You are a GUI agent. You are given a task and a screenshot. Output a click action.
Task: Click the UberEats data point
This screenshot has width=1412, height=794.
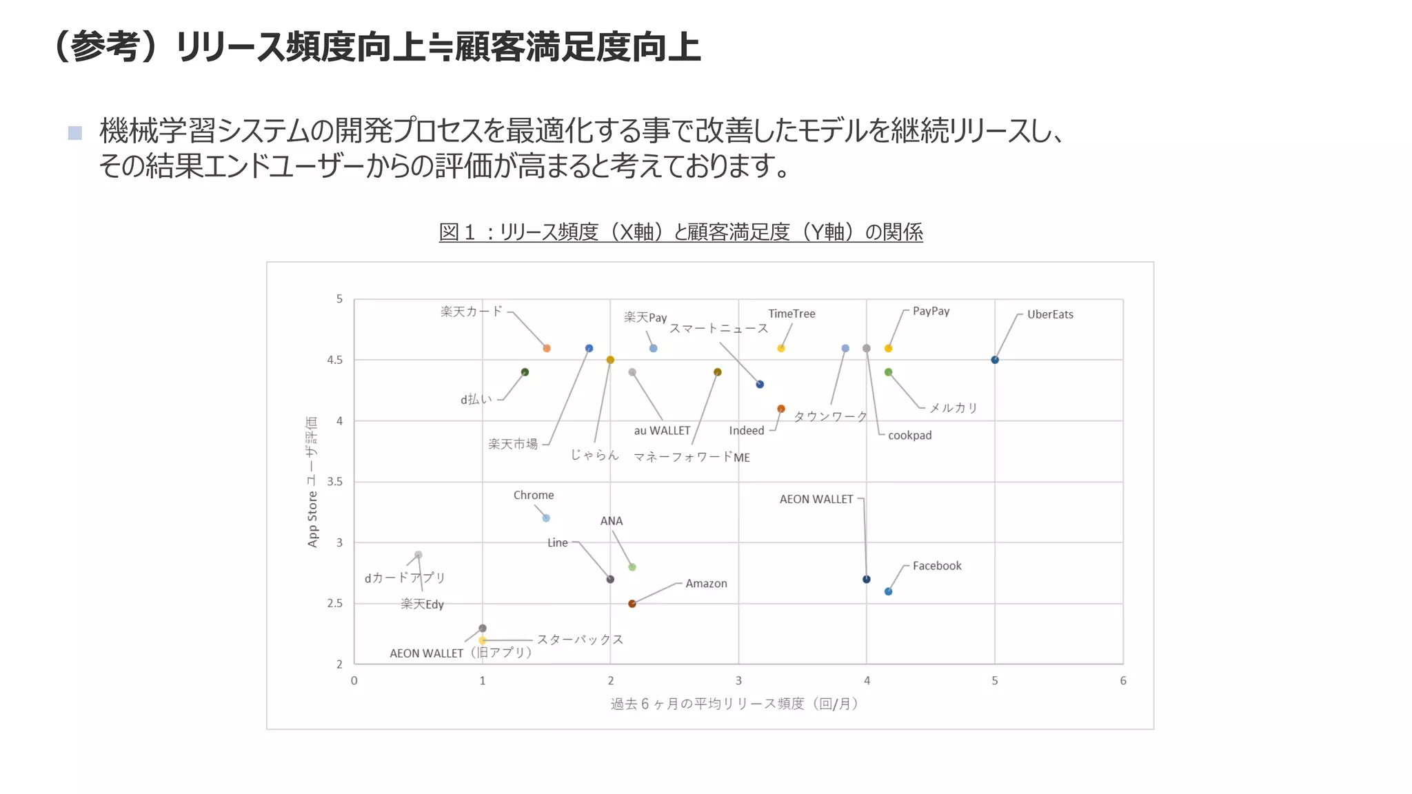994,360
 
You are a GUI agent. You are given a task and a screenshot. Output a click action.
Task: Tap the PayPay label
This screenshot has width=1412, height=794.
931,312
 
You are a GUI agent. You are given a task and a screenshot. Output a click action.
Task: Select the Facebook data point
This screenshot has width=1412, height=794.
888,591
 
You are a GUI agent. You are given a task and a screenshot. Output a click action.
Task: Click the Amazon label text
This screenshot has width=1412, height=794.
706,584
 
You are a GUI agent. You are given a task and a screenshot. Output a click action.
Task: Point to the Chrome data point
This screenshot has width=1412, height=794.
546,518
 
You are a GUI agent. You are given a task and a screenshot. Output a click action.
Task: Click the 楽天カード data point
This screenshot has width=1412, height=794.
547,348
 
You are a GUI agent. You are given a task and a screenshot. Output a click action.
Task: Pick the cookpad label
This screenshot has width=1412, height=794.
909,436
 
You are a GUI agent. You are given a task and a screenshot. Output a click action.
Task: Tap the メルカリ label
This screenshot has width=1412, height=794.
954,408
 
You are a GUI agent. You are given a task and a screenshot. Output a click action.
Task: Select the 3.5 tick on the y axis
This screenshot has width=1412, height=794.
335,482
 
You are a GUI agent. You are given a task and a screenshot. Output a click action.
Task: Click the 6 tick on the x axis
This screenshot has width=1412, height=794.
1123,681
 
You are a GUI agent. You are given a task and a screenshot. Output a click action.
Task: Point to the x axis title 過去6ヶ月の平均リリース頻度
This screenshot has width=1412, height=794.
734,704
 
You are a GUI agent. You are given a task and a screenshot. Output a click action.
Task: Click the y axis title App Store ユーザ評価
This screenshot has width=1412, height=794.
312,482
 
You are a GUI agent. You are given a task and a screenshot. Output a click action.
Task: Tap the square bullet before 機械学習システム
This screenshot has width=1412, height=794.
75,133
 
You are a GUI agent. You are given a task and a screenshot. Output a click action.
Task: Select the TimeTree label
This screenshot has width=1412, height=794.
791,314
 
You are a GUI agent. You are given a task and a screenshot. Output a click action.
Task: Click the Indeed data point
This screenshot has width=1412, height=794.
781,409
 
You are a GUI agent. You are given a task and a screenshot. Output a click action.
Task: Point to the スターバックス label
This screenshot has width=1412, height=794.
580,640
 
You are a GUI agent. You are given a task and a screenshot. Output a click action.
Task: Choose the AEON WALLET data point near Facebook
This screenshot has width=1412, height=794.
867,579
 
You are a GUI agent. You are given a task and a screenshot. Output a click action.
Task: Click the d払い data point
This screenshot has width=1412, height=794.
525,372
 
